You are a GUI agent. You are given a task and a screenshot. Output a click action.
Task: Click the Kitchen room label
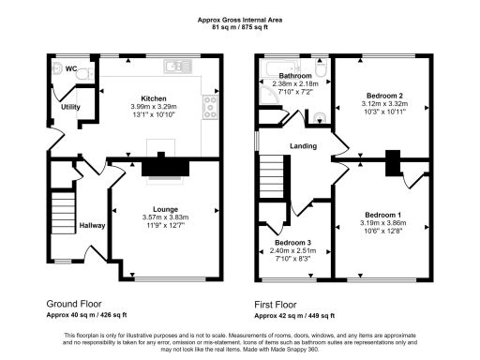click(154, 97)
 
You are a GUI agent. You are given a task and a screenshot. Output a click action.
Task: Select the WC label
click(71, 68)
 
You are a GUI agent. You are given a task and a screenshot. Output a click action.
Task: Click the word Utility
click(70, 108)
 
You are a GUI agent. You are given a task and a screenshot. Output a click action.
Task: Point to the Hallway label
click(92, 226)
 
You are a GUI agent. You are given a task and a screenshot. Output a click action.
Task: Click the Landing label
click(303, 146)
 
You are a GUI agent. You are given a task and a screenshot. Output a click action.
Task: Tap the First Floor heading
click(282, 304)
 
